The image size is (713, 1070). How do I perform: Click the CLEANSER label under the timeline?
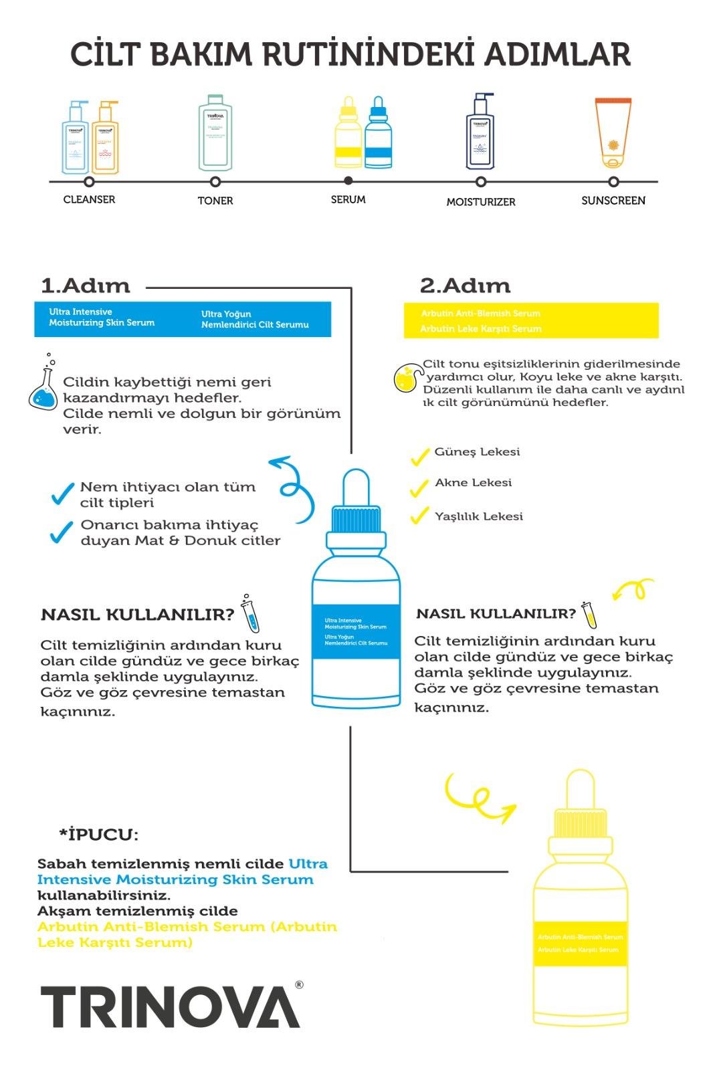(89, 199)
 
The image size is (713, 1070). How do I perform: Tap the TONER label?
(215, 201)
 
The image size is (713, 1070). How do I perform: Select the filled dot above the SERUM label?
(348, 181)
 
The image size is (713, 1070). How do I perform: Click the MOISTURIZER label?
(480, 201)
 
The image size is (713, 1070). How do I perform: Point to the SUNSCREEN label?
(613, 201)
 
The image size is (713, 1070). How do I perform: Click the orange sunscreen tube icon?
(613, 133)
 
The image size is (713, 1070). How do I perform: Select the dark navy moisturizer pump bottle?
(480, 134)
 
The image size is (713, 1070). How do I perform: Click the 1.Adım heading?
(86, 286)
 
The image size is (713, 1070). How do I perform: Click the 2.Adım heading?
(465, 286)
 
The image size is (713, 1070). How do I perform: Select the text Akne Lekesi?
(473, 483)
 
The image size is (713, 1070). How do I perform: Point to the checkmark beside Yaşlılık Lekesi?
(419, 516)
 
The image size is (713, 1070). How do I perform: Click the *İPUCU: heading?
(99, 835)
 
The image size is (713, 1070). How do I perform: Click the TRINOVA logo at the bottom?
(171, 1006)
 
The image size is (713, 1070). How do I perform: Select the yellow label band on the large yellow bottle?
(580, 943)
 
